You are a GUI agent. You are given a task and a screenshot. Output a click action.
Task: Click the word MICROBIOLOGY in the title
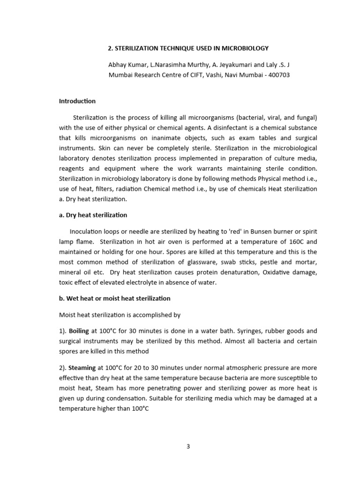[x=244, y=48]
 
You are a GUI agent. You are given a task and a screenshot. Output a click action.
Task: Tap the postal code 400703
[x=278, y=75]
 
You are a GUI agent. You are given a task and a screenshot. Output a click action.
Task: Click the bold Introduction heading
[x=77, y=101]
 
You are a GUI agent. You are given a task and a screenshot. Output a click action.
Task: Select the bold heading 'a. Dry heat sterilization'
[x=93, y=215]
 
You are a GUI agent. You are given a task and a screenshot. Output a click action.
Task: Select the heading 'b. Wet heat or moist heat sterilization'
[x=115, y=298]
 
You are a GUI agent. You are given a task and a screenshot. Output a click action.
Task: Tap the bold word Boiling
[x=79, y=330]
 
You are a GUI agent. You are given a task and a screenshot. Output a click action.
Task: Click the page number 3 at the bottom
[x=188, y=446]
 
